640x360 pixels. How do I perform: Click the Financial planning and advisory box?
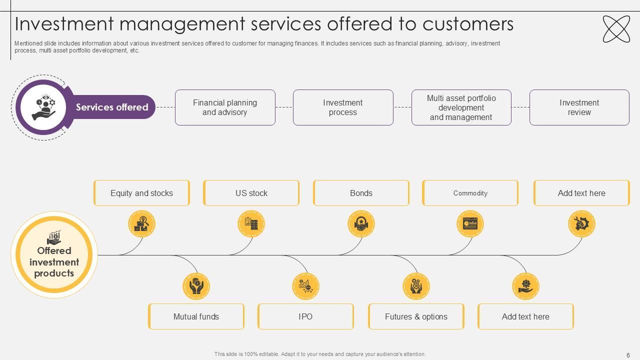(225, 107)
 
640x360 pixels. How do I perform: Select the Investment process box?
(343, 107)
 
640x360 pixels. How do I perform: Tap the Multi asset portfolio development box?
(461, 107)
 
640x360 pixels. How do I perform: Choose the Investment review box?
(579, 107)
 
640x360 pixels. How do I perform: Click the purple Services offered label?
(112, 107)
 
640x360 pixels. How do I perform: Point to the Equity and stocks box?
(141, 193)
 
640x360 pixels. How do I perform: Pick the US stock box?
(251, 193)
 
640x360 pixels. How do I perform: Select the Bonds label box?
(361, 193)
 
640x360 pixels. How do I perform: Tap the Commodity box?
(470, 193)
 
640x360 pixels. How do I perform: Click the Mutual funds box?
(196, 316)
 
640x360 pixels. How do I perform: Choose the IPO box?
(305, 316)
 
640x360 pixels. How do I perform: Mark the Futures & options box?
(416, 316)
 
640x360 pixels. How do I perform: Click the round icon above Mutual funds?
(196, 286)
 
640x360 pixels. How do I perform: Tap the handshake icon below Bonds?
(361, 224)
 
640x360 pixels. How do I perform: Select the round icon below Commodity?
(470, 224)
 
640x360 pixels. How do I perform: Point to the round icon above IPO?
(305, 286)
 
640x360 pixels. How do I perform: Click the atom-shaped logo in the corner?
(616, 29)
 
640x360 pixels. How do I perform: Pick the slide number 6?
(628, 355)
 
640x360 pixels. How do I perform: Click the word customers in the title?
(468, 24)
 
